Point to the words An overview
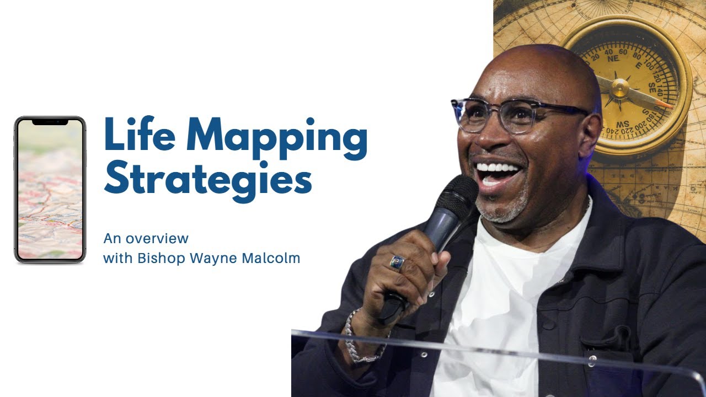click(x=146, y=239)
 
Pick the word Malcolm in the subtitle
click(x=274, y=258)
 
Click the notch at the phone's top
click(x=50, y=121)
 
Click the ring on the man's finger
click(x=398, y=263)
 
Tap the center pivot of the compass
click(x=619, y=88)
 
